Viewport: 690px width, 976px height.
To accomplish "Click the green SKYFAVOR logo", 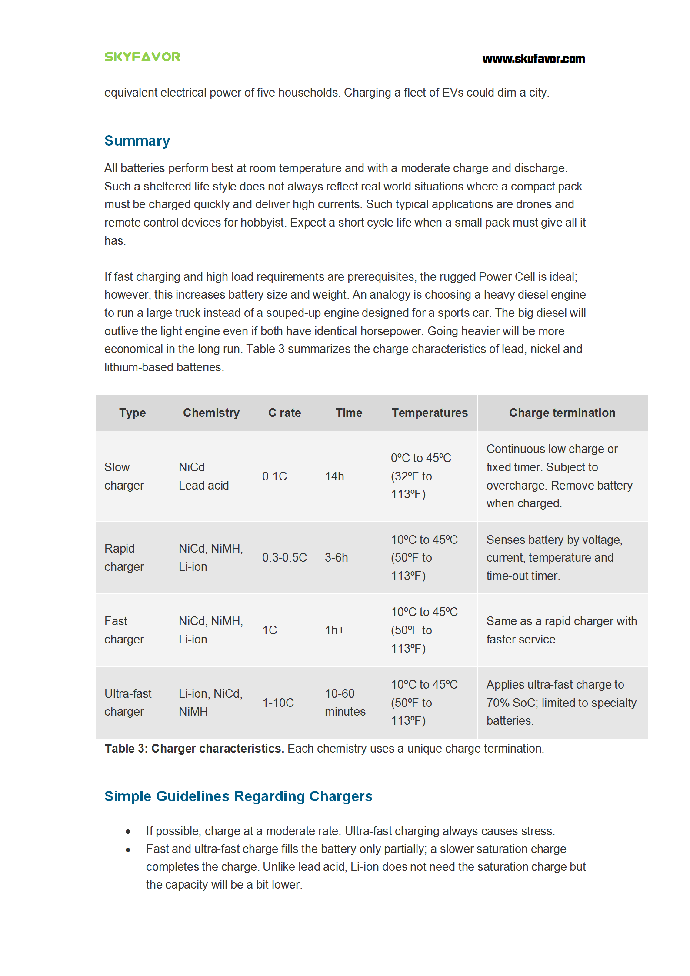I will click(142, 57).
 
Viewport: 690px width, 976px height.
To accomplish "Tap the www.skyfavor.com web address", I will click(533, 59).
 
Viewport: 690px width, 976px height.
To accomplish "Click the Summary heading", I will click(137, 141).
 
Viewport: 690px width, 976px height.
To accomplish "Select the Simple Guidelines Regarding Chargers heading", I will click(238, 796).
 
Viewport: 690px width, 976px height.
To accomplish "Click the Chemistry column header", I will click(211, 413).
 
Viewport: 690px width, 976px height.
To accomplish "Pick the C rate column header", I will click(284, 413).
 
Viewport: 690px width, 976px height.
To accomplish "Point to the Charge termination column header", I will click(562, 413).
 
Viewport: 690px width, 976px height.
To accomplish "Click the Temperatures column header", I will click(429, 413).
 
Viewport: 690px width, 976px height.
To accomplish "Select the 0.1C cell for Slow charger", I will click(274, 476).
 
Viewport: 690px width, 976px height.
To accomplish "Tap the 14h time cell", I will click(334, 476).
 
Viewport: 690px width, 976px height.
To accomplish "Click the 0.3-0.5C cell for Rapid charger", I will click(284, 557).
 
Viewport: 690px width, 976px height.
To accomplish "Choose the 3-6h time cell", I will click(336, 557).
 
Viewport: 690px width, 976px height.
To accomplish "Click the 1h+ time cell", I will click(334, 630).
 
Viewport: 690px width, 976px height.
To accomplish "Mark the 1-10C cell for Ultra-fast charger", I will click(278, 703).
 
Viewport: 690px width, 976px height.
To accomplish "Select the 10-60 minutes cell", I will click(345, 703).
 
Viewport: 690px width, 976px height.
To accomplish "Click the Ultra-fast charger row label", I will click(128, 703).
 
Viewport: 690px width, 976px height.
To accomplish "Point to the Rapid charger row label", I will click(124, 557).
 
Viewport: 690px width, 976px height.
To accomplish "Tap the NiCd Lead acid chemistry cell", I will click(203, 476).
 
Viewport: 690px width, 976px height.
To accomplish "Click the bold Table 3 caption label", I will click(194, 748).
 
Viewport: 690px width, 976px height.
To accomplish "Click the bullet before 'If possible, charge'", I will click(128, 832).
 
